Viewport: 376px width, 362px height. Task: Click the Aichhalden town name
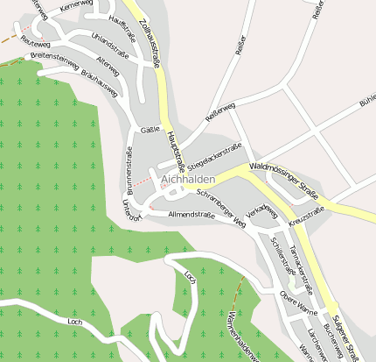tap(189, 179)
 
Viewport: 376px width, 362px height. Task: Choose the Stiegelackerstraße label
tap(213, 154)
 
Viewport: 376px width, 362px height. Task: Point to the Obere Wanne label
tap(297, 307)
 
